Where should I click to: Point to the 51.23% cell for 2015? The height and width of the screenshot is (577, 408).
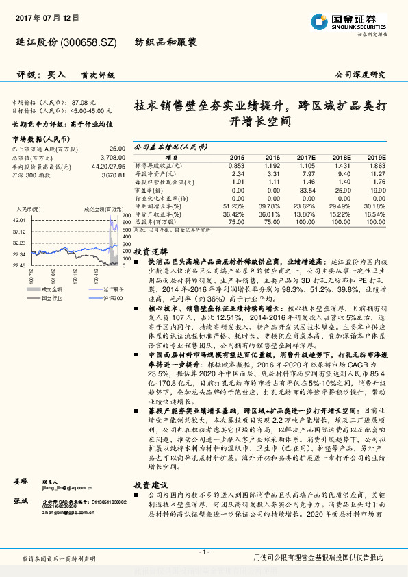(233, 206)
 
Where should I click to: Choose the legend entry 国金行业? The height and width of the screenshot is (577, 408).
(50, 298)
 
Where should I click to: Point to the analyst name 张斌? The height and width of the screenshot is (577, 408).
(19, 502)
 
